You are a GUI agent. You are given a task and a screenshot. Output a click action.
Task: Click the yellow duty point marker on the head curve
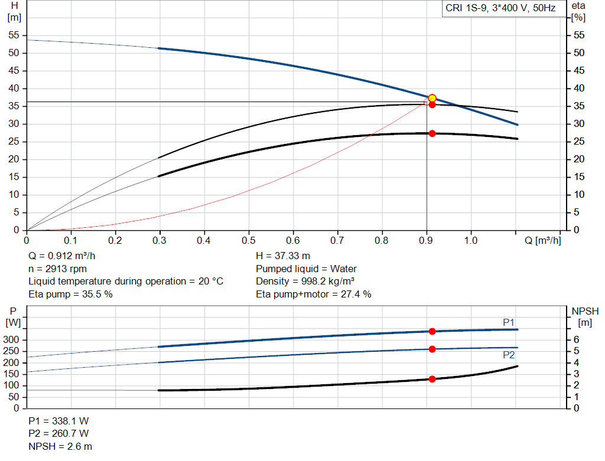432,98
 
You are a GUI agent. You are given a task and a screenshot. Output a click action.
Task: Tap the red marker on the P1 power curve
432,331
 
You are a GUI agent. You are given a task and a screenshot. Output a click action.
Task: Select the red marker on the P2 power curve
432,349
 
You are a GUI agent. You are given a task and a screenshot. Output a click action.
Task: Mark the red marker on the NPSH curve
432,379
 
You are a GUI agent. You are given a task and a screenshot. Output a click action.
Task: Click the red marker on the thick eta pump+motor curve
432,133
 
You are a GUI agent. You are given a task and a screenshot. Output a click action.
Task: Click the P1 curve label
509,322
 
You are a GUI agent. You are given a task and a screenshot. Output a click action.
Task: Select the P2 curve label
509,355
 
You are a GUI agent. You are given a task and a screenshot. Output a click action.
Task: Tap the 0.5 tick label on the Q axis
248,241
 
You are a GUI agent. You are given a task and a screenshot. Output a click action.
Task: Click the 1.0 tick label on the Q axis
471,241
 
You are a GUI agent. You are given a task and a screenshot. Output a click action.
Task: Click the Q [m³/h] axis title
542,241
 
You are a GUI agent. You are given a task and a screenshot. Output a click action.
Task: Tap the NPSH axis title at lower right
585,311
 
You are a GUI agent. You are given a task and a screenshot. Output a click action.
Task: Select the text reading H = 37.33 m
283,256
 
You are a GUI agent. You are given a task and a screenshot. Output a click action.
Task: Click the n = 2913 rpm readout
58,269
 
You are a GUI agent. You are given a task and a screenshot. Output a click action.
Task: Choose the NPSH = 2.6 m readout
60,446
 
